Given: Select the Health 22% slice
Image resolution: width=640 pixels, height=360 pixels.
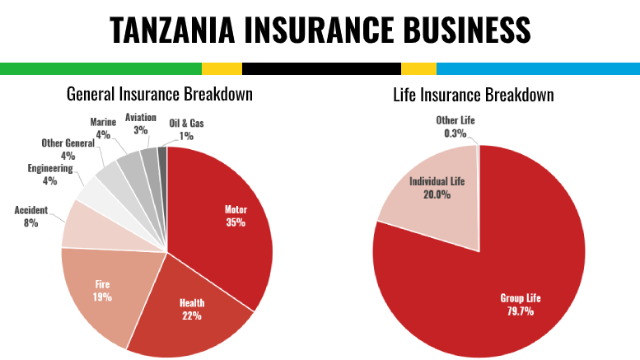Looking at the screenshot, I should pyautogui.click(x=194, y=309).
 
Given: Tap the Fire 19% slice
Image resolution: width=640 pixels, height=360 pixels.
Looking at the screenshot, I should pyautogui.click(x=103, y=288).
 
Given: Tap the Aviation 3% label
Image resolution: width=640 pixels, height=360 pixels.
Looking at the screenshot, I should pyautogui.click(x=141, y=124).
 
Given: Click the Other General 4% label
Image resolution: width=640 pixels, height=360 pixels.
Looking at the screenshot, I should pyautogui.click(x=68, y=149).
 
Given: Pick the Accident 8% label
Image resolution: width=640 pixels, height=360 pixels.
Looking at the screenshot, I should pyautogui.click(x=31, y=216).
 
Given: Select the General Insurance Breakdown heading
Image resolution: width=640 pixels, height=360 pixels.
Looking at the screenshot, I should pyautogui.click(x=159, y=95).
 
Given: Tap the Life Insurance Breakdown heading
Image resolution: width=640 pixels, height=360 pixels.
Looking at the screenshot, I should pyautogui.click(x=473, y=95).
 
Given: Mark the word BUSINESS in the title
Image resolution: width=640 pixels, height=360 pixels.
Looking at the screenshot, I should pyautogui.click(x=450, y=30).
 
